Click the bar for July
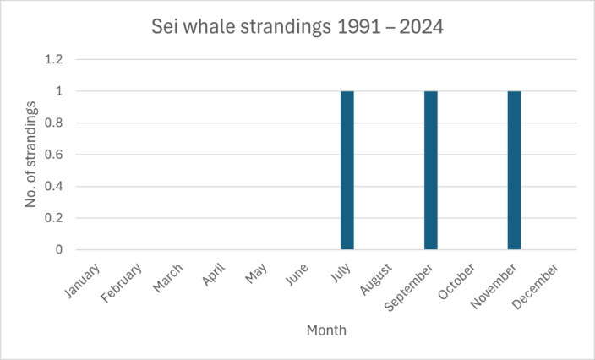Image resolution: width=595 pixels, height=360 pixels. [347, 170]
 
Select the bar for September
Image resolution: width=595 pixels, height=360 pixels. [431, 170]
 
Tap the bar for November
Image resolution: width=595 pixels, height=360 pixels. [515, 170]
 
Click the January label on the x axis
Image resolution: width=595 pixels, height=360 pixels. [84, 281]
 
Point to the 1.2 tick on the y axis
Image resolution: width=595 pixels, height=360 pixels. [54, 60]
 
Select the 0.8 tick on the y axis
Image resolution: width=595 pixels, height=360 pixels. [54, 123]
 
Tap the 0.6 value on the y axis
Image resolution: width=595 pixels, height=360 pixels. [54, 155]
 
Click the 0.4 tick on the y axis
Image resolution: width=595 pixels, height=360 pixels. [54, 187]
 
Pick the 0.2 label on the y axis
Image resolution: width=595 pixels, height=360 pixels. [54, 218]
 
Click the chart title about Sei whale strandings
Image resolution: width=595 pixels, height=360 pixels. [297, 27]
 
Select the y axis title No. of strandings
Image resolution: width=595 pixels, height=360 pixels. [30, 155]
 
